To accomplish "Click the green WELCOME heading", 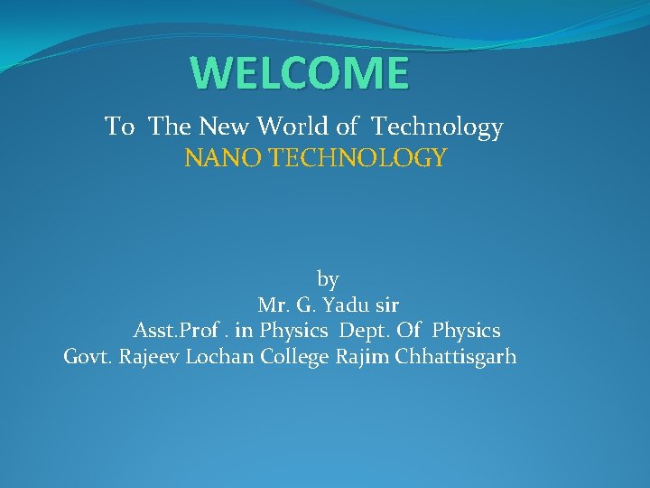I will pos(300,73).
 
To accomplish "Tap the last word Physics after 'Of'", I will pos(466,331).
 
